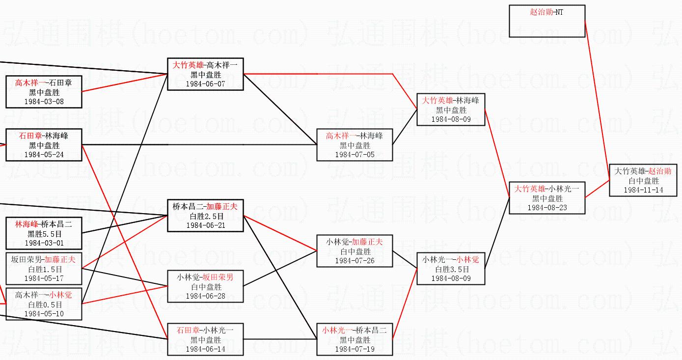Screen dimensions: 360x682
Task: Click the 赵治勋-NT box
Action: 547,21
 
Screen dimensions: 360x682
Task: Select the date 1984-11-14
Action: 644,190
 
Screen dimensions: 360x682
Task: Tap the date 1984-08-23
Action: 547,207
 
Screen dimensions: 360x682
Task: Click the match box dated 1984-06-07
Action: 206,74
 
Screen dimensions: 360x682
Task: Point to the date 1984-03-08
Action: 44,102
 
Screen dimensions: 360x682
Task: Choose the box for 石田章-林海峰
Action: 44,145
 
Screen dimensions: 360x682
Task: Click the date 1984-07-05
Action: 355,154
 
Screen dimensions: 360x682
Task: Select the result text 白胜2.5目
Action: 206,216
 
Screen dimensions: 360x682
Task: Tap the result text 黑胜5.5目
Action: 44,234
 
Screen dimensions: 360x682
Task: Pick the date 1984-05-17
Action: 44,278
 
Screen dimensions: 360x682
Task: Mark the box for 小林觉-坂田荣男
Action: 206,286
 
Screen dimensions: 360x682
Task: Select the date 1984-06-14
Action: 206,349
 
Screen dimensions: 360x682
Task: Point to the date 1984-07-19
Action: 355,349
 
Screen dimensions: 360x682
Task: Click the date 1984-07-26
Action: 355,260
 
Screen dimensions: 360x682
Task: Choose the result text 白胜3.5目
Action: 451,269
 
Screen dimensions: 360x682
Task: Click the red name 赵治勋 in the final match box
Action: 659,171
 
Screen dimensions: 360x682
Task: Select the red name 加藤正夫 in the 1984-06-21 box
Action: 221,207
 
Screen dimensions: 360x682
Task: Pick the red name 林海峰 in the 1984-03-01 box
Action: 27,224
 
